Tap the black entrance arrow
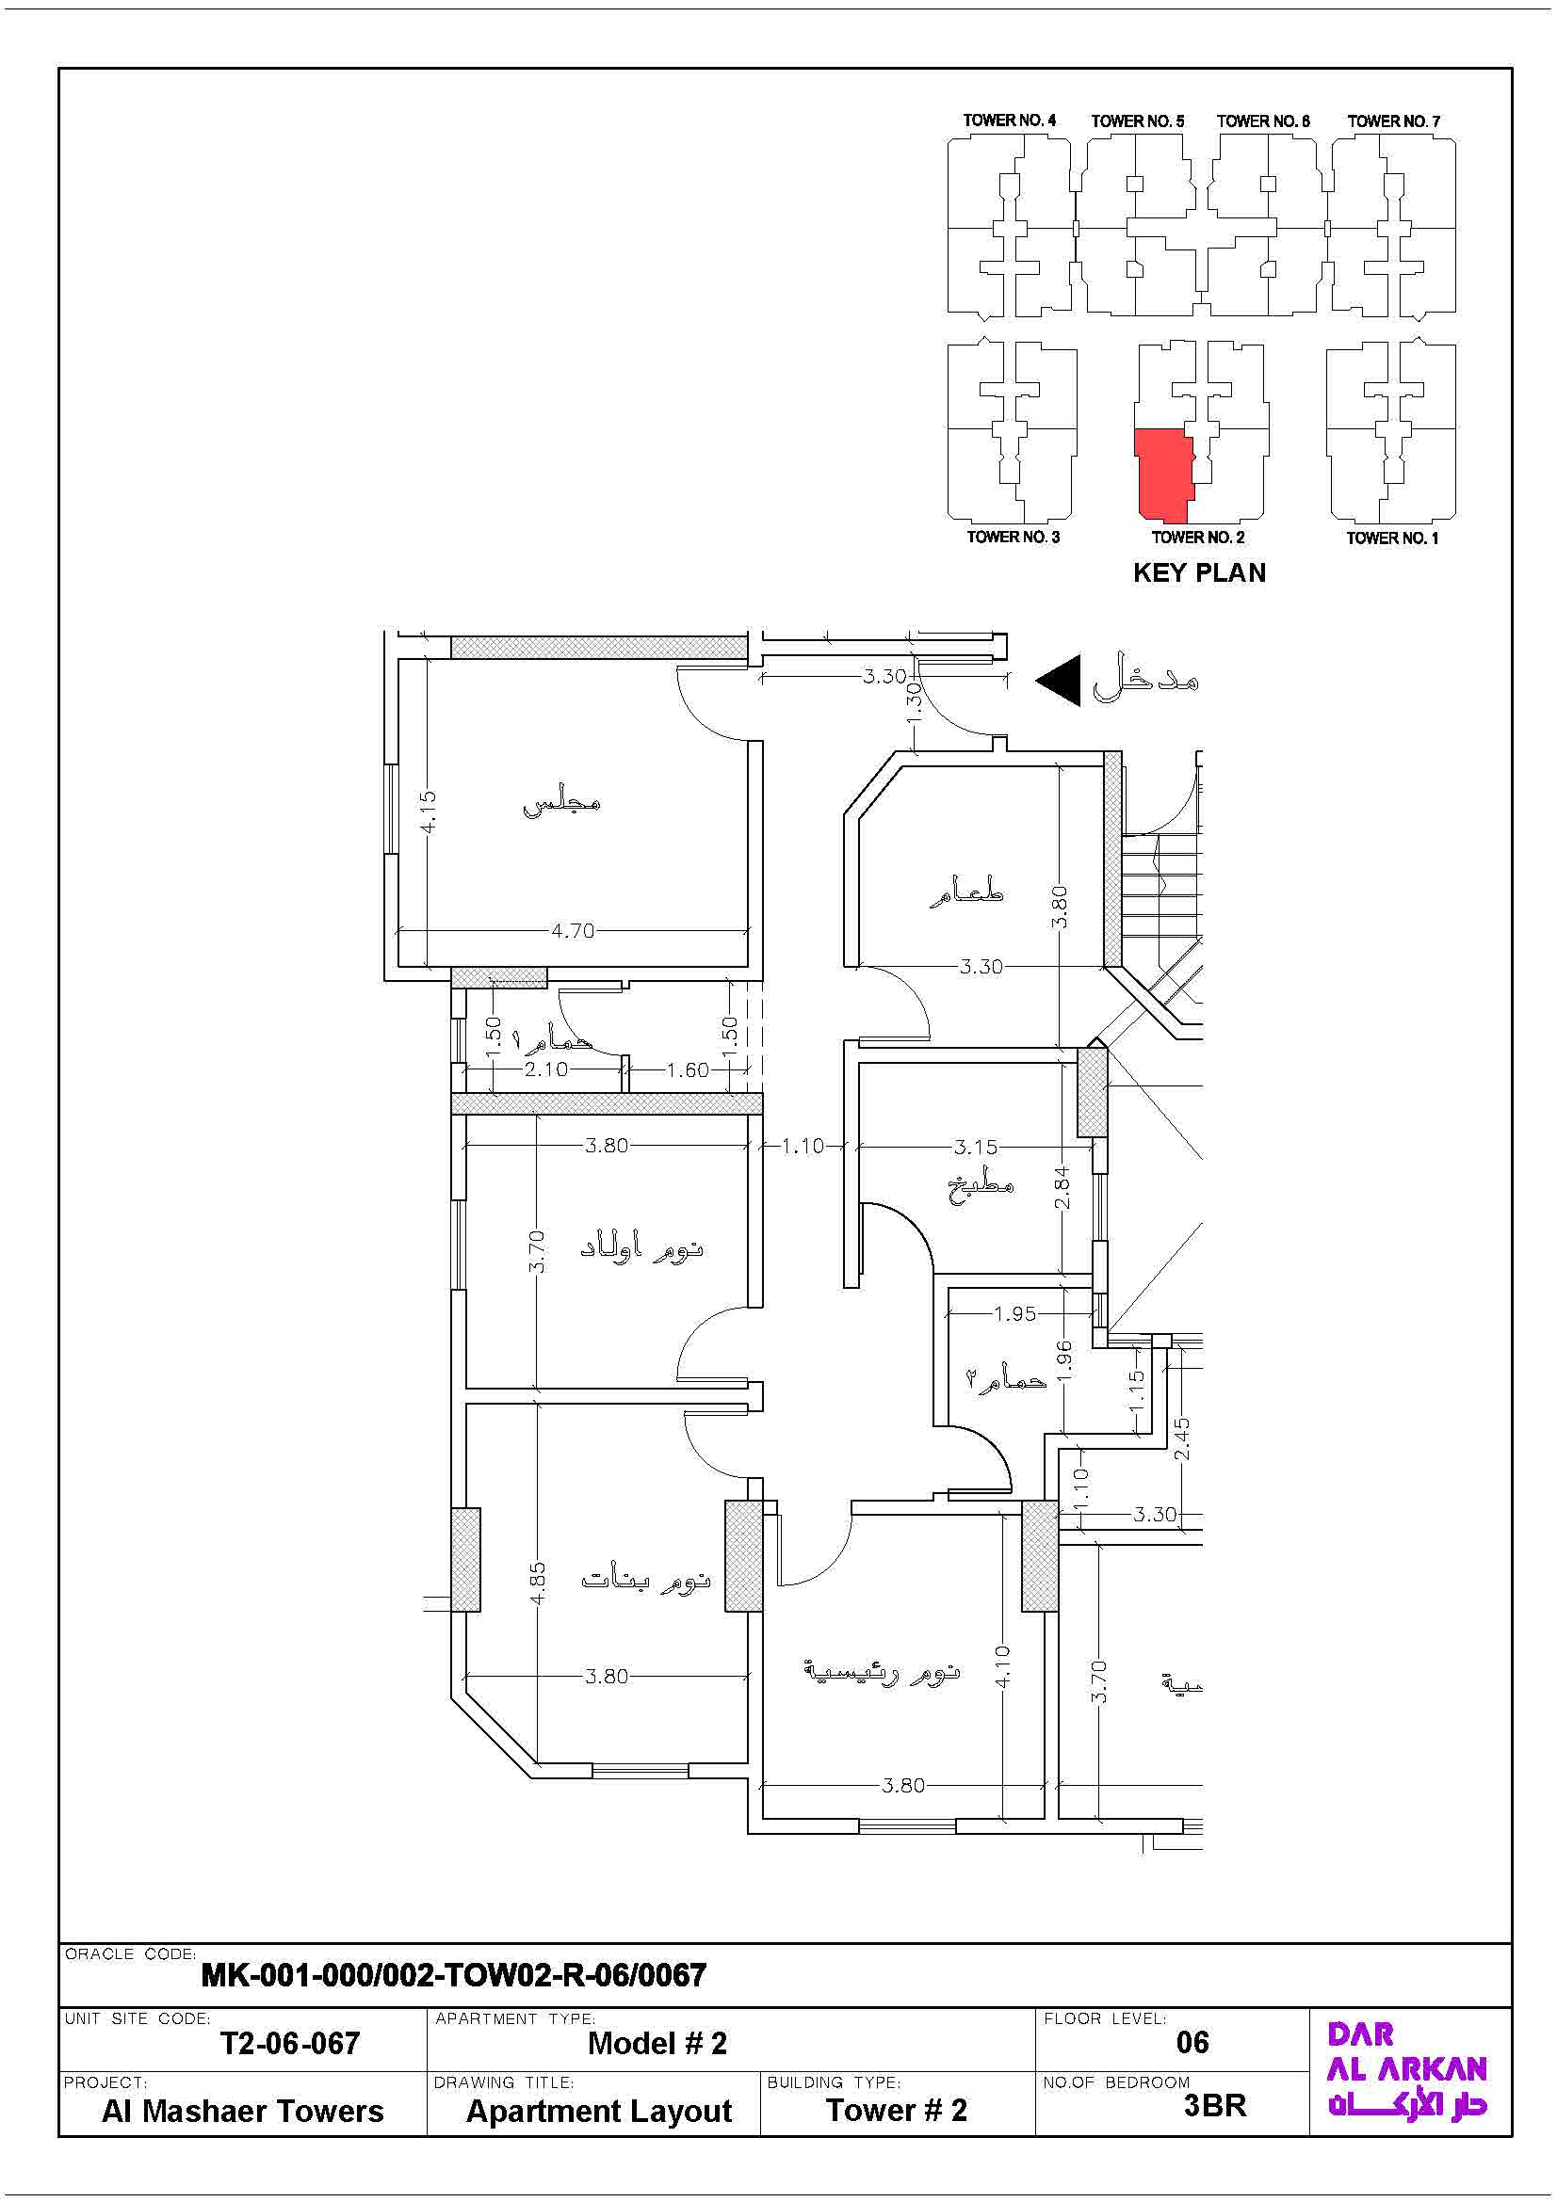click(x=1058, y=681)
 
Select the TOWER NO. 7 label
click(x=1393, y=121)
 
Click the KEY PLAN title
click(x=1199, y=572)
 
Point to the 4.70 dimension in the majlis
click(x=573, y=930)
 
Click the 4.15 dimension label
click(x=429, y=811)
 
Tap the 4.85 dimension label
click(x=538, y=1583)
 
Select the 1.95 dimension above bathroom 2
click(x=1015, y=1313)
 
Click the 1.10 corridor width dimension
click(x=803, y=1145)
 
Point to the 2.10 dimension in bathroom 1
click(x=546, y=1069)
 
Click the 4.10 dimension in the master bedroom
click(x=1002, y=1666)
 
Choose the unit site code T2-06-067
click(x=291, y=2043)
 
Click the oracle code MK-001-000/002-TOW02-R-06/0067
click(x=454, y=1975)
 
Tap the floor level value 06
click(x=1192, y=2042)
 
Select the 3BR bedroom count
click(x=1214, y=2105)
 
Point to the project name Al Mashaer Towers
click(x=243, y=2111)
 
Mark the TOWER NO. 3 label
click(x=1014, y=537)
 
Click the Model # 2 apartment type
click(x=658, y=2043)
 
